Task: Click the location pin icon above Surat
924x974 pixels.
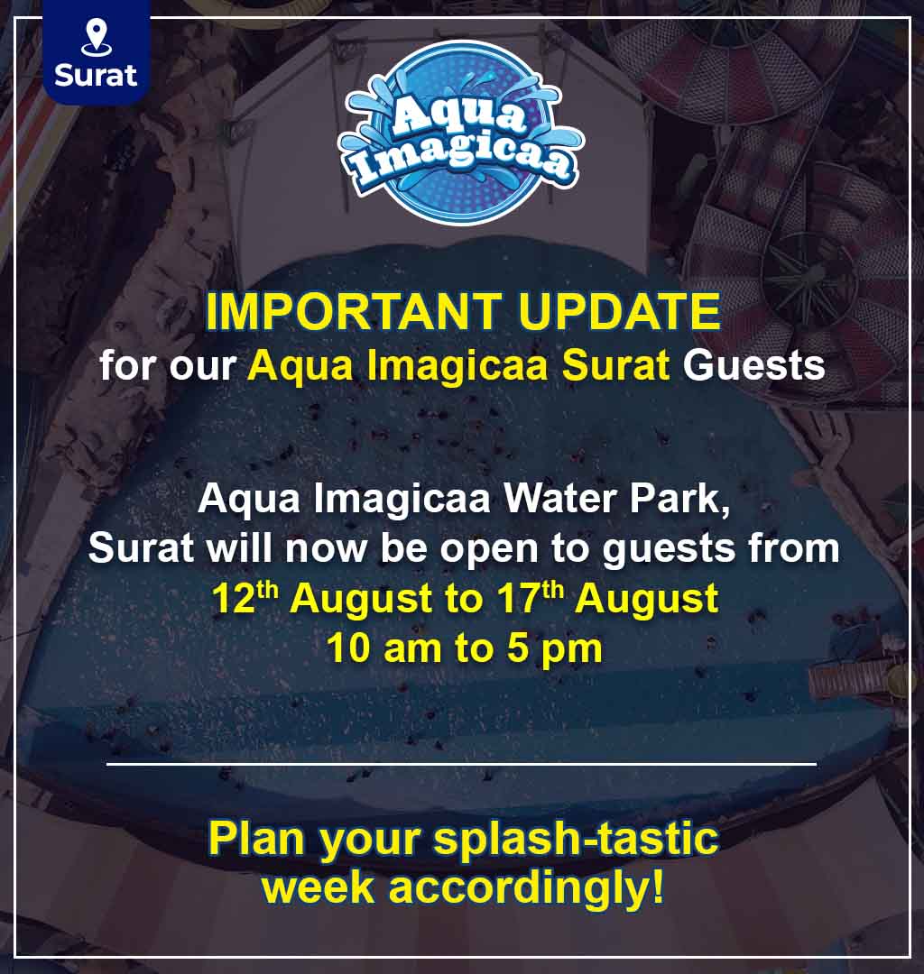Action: point(96,37)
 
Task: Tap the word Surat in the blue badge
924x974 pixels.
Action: point(96,76)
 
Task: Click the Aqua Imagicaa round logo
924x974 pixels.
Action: point(460,133)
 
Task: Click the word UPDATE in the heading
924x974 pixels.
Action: point(620,311)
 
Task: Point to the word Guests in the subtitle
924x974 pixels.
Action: point(753,365)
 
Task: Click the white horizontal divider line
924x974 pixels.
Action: point(462,765)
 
